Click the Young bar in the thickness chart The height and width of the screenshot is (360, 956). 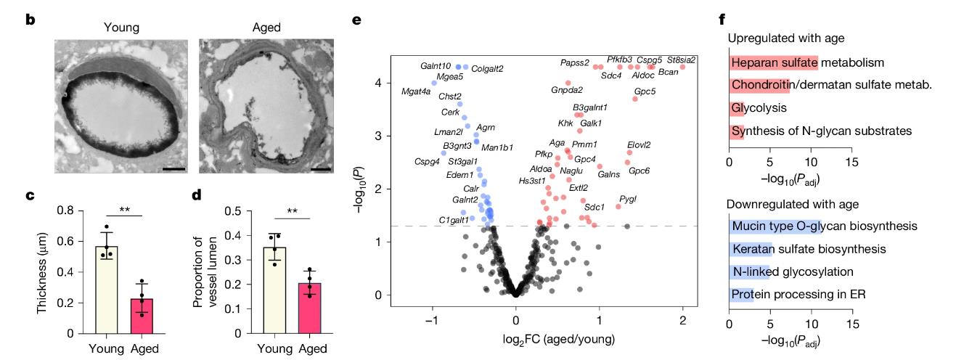[x=107, y=290]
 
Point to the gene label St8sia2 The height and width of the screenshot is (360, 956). [x=681, y=60]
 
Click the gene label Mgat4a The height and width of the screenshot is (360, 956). [x=416, y=91]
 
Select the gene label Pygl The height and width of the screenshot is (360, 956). [x=627, y=199]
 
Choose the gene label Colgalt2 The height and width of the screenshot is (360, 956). [x=487, y=69]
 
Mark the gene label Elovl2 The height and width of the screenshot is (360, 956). [x=639, y=145]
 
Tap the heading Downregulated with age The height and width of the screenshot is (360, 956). [x=793, y=204]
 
